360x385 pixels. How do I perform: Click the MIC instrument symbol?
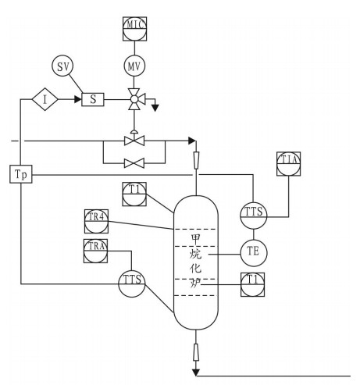click(134, 29)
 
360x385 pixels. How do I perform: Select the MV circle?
click(134, 66)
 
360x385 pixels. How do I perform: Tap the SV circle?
click(62, 66)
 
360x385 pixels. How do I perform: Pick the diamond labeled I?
click(45, 99)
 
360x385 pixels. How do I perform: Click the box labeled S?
click(93, 99)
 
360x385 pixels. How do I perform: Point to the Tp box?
click(21, 174)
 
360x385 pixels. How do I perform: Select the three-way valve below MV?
click(134, 99)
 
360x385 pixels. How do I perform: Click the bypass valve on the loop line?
click(134, 163)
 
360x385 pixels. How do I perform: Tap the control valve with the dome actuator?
click(134, 139)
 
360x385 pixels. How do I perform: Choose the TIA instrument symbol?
click(288, 164)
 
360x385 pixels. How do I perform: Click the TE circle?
click(254, 253)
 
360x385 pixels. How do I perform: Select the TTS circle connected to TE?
click(254, 216)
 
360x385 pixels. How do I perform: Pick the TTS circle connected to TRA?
click(132, 284)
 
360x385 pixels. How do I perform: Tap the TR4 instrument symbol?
click(96, 221)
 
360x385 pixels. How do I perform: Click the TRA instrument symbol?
click(95, 251)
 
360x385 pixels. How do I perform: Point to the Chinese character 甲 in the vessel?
click(196, 238)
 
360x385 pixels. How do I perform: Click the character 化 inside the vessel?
click(196, 268)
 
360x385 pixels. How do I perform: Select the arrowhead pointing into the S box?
click(78, 99)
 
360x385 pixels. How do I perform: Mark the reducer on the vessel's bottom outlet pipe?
click(196, 352)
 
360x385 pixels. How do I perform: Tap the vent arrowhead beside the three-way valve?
click(155, 108)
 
